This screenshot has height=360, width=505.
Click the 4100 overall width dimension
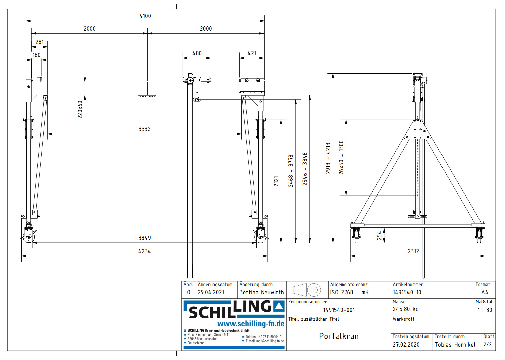click(145, 16)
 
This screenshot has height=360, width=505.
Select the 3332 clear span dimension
click(144, 129)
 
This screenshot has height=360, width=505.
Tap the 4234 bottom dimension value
click(144, 251)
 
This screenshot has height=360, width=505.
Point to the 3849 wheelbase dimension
click(144, 238)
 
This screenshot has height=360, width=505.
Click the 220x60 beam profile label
click(80, 110)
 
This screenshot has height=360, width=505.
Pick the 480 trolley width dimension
click(197, 53)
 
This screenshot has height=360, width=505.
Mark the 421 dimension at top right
click(252, 53)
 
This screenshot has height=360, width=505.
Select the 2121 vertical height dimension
click(276, 181)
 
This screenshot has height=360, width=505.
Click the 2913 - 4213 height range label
click(328, 158)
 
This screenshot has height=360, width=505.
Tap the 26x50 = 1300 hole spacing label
click(341, 157)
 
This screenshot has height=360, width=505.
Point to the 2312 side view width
click(413, 251)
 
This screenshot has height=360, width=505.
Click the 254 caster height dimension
click(379, 236)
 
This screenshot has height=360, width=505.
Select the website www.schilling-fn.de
click(251, 324)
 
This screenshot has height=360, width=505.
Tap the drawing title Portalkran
click(339, 336)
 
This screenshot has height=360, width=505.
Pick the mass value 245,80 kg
click(405, 309)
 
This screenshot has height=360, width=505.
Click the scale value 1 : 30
click(484, 310)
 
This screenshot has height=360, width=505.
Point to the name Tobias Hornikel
click(455, 345)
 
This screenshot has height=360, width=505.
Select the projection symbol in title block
click(306, 290)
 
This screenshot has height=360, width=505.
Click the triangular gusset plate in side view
click(417, 131)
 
